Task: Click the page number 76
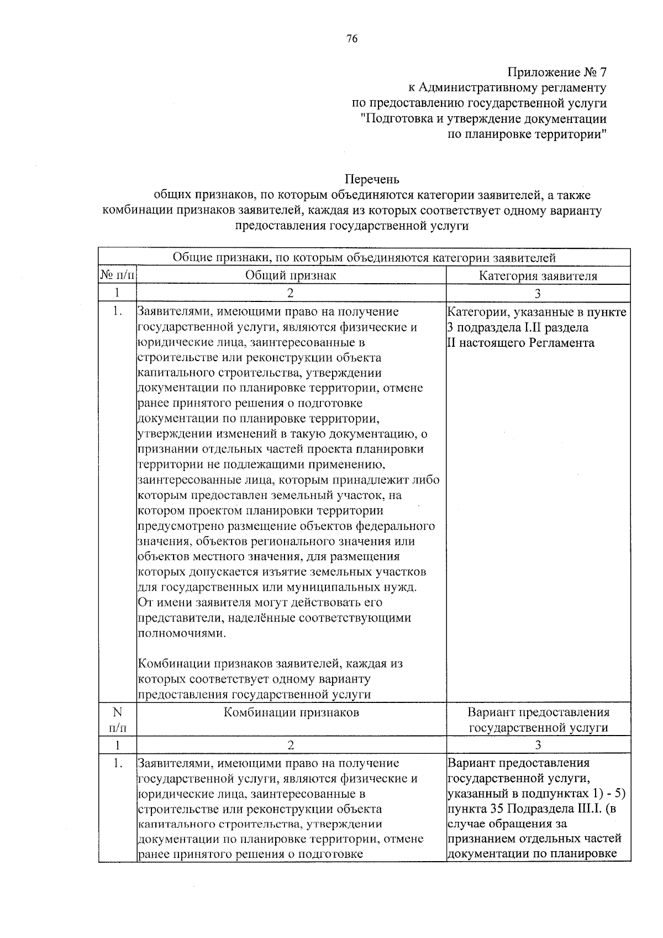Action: click(x=352, y=38)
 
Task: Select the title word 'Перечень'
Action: click(x=372, y=180)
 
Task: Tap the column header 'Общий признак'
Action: click(x=291, y=275)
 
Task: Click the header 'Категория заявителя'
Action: click(x=538, y=276)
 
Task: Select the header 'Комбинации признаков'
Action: click(x=291, y=712)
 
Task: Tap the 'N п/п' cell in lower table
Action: click(x=117, y=720)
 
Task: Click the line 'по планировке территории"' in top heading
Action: click(x=527, y=134)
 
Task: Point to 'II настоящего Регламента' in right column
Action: click(x=520, y=342)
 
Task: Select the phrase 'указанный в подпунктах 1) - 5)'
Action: click(x=536, y=794)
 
